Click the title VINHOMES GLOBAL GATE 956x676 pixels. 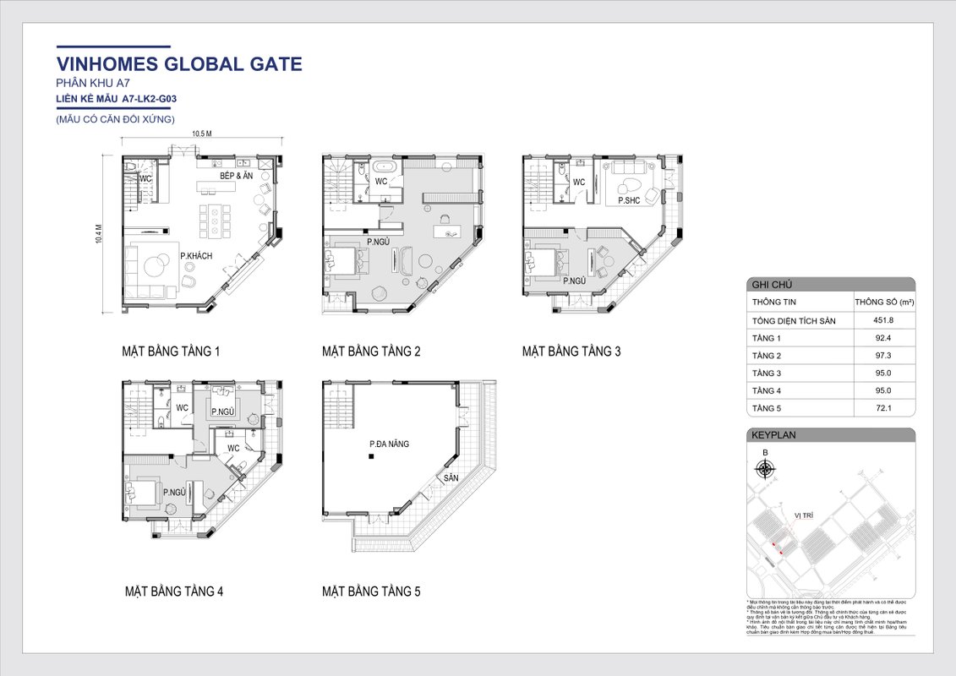(x=178, y=64)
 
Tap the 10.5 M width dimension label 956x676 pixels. (x=200, y=134)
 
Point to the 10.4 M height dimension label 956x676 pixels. (x=99, y=233)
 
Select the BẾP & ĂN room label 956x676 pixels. (x=237, y=176)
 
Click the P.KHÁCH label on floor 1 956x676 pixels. (x=196, y=256)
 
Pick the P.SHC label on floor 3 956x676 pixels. (x=628, y=201)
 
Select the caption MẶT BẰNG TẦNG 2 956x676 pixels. (x=371, y=352)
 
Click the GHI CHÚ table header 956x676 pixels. (x=769, y=286)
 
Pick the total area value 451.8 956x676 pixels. (x=883, y=320)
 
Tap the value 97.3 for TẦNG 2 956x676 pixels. (x=883, y=356)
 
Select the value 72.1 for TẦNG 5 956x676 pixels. (x=883, y=408)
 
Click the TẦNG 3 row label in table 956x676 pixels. (x=767, y=373)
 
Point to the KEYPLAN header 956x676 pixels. (x=773, y=435)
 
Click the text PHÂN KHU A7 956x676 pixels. (x=92, y=84)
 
